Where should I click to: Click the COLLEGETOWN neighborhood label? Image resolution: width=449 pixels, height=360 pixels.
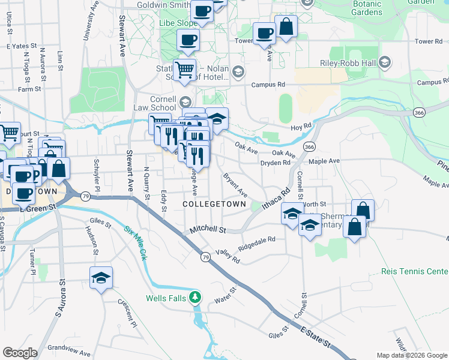pyautogui.click(x=214, y=205)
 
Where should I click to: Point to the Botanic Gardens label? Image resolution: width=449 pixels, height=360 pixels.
pyautogui.click(x=367, y=8)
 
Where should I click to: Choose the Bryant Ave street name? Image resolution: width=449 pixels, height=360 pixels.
pyautogui.click(x=235, y=185)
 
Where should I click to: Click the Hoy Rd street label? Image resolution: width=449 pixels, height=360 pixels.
pyautogui.click(x=300, y=127)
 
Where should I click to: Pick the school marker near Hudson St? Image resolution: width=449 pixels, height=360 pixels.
pyautogui.click(x=101, y=278)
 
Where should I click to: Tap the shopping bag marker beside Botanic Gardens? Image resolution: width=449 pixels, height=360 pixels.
pyautogui.click(x=286, y=26)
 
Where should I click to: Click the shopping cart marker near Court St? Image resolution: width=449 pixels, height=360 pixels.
pyautogui.click(x=9, y=133)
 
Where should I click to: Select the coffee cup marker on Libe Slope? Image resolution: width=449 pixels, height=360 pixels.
pyautogui.click(x=188, y=40)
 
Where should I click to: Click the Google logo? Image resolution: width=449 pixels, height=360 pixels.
pyautogui.click(x=20, y=353)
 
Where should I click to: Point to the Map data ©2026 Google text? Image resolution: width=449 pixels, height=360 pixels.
pyautogui.click(x=411, y=355)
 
